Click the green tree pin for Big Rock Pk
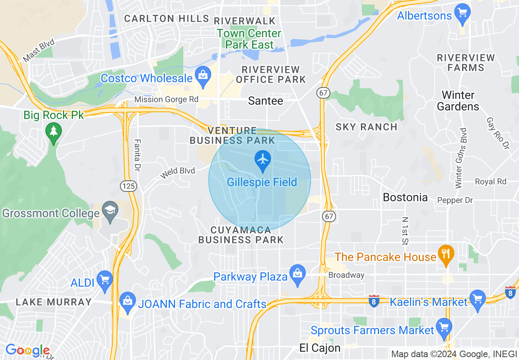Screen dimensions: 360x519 tap(53, 132)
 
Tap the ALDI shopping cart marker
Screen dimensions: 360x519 tap(105, 280)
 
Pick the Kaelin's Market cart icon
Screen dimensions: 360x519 tap(477, 299)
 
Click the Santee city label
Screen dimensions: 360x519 tap(266, 101)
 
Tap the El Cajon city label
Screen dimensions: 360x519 tap(320, 348)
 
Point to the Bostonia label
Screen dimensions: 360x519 tap(405, 197)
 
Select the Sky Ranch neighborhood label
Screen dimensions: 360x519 tap(366, 127)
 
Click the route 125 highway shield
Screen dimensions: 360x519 tap(128, 186)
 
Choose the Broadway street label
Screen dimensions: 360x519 tap(346, 275)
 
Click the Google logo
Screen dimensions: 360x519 tap(27, 350)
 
